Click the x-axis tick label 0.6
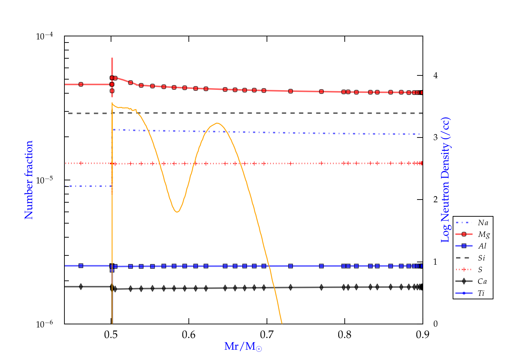click(x=189, y=335)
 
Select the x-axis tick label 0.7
click(x=267, y=335)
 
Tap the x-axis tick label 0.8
click(x=345, y=335)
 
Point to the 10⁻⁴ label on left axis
click(x=44, y=36)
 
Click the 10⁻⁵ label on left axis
click(x=44, y=180)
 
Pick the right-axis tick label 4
click(x=435, y=75)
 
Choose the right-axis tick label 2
click(x=435, y=200)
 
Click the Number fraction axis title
click(x=29, y=180)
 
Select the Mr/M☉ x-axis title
click(x=243, y=347)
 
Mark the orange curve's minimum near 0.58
click(x=177, y=212)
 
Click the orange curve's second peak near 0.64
click(x=217, y=123)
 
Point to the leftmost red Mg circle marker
click(x=81, y=84)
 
